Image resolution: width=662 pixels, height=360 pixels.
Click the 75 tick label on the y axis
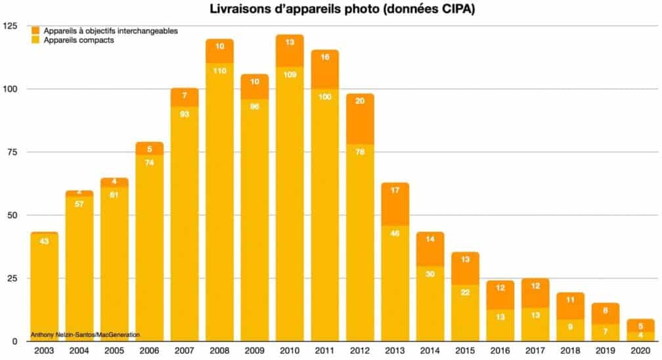[x=13, y=152]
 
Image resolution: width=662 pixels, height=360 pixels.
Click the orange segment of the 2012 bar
[x=360, y=119]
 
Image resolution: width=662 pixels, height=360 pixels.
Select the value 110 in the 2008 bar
[x=219, y=71]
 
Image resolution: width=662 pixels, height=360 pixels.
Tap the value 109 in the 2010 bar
[x=290, y=74]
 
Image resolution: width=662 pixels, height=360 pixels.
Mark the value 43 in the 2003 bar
[x=44, y=240]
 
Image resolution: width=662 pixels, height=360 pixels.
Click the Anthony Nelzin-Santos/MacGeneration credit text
[x=85, y=335]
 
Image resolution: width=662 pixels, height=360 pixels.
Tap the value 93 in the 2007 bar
[x=185, y=115]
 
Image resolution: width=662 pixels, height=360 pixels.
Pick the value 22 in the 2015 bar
[x=465, y=292]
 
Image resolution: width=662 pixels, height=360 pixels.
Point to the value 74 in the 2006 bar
[x=149, y=163]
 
